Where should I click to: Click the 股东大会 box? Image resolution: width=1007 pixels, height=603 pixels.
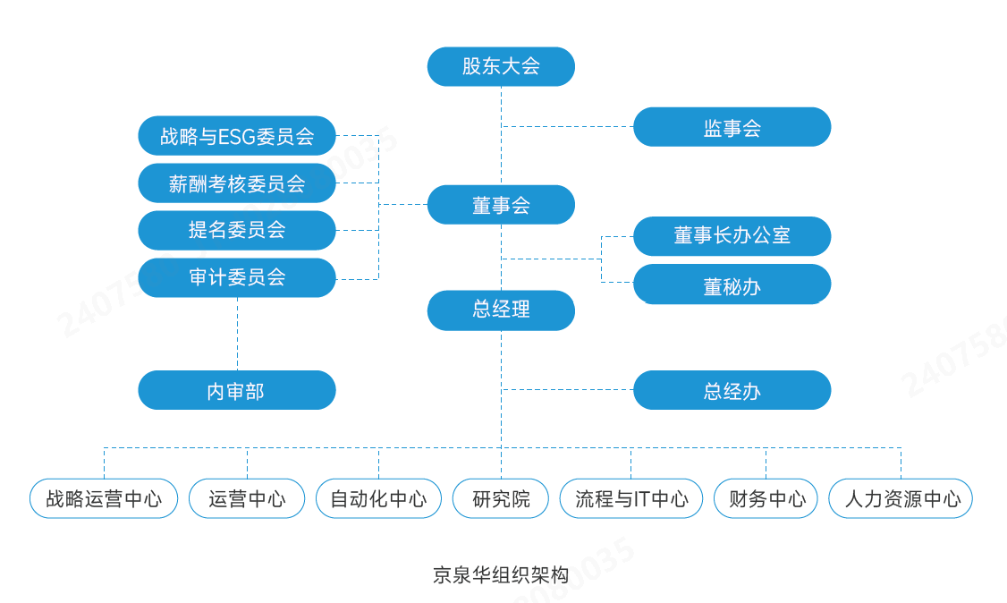(501, 66)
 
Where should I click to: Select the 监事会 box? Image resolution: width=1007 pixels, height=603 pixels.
(732, 127)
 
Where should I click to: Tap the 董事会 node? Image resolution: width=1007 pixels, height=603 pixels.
(501, 205)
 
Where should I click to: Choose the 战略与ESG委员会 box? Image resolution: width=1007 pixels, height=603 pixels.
(237, 136)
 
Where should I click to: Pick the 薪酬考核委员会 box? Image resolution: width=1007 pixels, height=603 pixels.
(237, 183)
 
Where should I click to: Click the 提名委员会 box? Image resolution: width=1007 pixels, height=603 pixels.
(237, 230)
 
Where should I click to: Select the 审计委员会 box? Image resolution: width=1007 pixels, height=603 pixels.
(237, 277)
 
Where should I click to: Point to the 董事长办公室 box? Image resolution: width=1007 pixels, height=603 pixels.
(732, 236)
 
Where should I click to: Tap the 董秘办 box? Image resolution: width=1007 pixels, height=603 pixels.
(732, 285)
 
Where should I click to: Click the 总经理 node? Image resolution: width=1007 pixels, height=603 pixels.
(501, 310)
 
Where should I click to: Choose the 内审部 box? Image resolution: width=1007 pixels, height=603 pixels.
(237, 390)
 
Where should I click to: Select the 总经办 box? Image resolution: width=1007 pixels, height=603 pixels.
(732, 390)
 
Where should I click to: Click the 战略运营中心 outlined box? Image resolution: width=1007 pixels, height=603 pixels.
(104, 498)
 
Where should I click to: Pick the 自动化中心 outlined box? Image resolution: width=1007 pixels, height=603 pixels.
(378, 498)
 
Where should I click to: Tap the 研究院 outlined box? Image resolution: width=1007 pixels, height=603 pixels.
(501, 498)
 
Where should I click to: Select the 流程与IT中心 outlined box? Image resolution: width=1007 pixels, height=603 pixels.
(631, 498)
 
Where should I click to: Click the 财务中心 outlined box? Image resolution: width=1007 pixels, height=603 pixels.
(766, 498)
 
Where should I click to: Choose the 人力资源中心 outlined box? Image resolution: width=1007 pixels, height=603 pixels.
(901, 498)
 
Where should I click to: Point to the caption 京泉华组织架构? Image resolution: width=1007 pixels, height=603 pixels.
(501, 574)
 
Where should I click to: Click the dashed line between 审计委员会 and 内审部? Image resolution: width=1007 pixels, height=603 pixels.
(237, 334)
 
